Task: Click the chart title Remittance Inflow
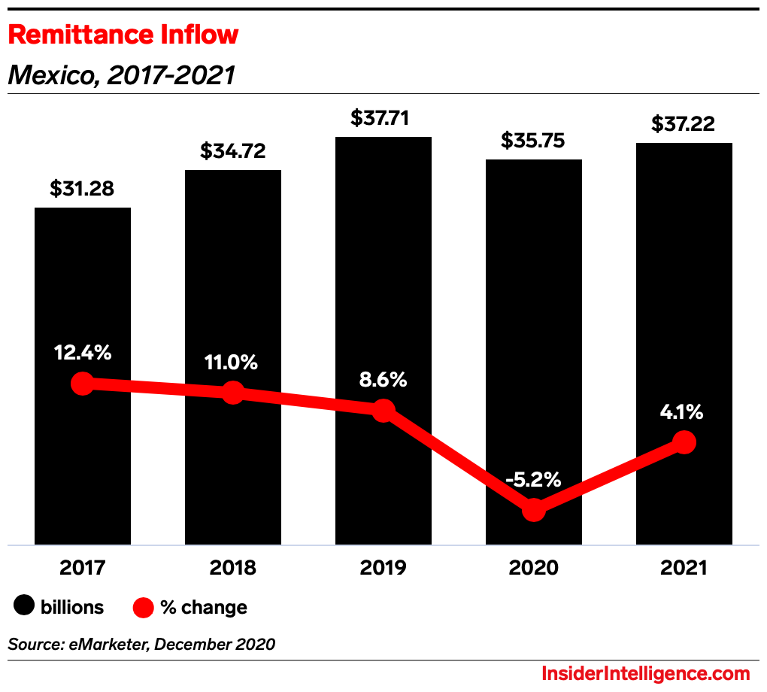(123, 35)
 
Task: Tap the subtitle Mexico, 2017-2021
(121, 75)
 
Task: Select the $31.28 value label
(82, 189)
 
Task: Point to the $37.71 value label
(383, 118)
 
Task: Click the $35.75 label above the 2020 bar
(533, 141)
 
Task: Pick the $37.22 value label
(684, 123)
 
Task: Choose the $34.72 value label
(232, 151)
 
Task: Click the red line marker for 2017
(82, 384)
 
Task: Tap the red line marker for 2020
(533, 510)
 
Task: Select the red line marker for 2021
(684, 442)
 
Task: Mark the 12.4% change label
(82, 352)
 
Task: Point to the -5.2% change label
(533, 479)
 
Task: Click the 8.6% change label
(383, 380)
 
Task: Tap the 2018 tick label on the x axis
(232, 568)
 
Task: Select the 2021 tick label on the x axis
(684, 568)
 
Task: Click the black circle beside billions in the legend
(25, 606)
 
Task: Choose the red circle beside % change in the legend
(143, 606)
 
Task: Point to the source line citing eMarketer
(141, 645)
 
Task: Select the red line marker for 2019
(383, 411)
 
